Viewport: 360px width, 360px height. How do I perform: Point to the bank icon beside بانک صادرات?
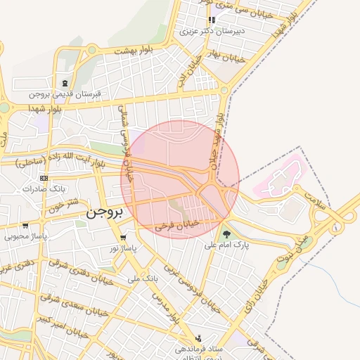pyautogui.click(x=45, y=178)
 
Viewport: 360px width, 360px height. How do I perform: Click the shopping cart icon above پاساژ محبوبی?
pyautogui.click(x=25, y=226)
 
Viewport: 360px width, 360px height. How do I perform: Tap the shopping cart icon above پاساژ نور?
pyautogui.click(x=124, y=237)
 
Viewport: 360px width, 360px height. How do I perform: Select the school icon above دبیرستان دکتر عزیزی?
pyautogui.click(x=212, y=20)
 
